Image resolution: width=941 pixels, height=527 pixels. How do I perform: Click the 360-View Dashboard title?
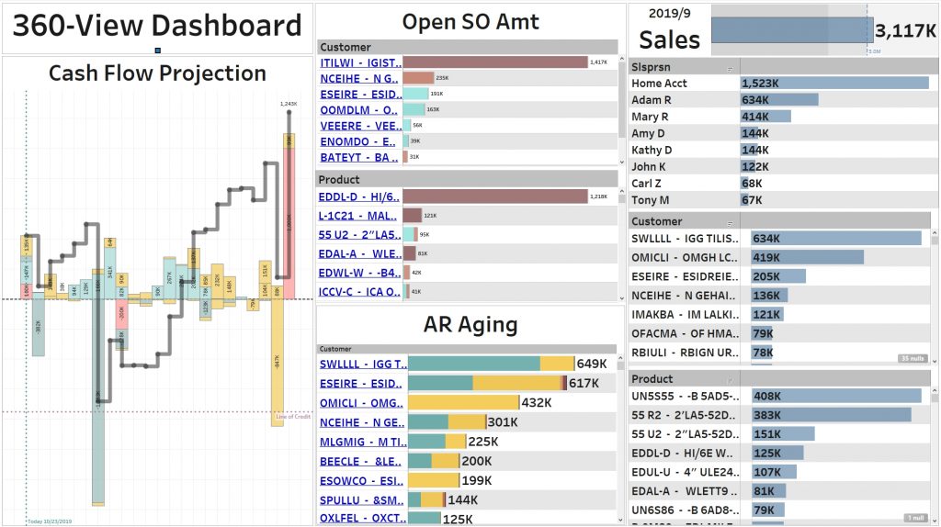[157, 26]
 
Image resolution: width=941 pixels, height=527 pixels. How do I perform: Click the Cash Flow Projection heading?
[157, 73]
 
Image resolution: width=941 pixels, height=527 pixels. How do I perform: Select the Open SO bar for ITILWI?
[494, 62]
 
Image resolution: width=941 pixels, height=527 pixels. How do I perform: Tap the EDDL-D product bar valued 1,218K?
[494, 196]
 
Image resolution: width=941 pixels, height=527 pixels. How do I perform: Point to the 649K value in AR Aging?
[592, 364]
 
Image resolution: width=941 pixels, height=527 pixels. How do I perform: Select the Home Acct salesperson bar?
[834, 83]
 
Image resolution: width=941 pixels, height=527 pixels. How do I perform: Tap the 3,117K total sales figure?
[905, 31]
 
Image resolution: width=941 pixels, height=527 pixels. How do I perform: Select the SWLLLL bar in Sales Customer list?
[835, 238]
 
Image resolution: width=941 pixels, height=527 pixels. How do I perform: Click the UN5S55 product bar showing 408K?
[835, 396]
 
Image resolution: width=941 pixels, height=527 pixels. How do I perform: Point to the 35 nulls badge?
[911, 358]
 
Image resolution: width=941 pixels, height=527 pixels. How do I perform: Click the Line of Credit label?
[293, 417]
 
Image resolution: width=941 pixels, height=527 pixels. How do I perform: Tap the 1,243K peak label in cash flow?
[289, 104]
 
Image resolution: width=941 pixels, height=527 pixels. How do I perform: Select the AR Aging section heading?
[470, 323]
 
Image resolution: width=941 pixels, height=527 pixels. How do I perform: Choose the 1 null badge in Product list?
[913, 517]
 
